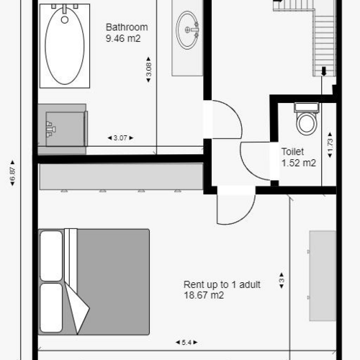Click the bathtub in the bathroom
pos(64,45)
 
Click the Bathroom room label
pos(127,27)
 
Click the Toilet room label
pos(292,152)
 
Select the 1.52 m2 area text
pos(298,163)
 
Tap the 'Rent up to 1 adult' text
pos(222,284)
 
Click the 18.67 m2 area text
pos(204,295)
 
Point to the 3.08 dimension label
pos(148,70)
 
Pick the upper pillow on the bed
pos(51,255)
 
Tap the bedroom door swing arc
pos(232,209)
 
